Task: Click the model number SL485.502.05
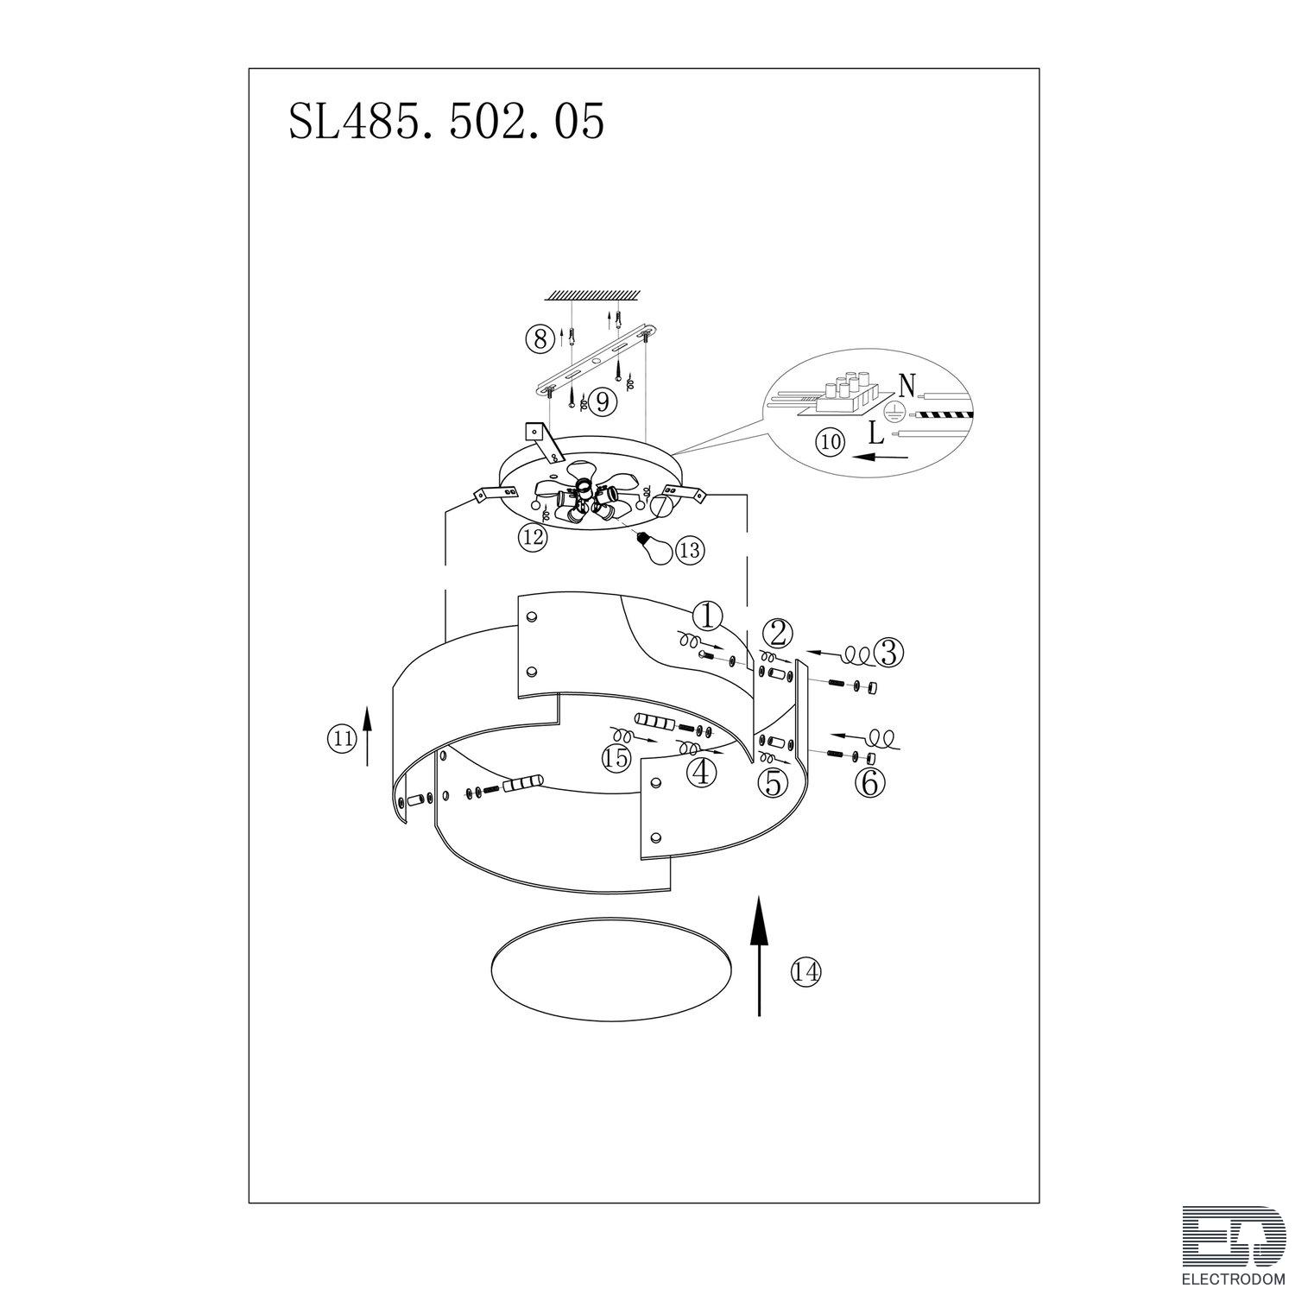(x=445, y=123)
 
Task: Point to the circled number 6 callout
(x=869, y=782)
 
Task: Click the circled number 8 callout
(x=540, y=339)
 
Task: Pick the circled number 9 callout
(x=601, y=401)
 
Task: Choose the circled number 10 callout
(x=831, y=442)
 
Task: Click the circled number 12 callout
(x=533, y=538)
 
